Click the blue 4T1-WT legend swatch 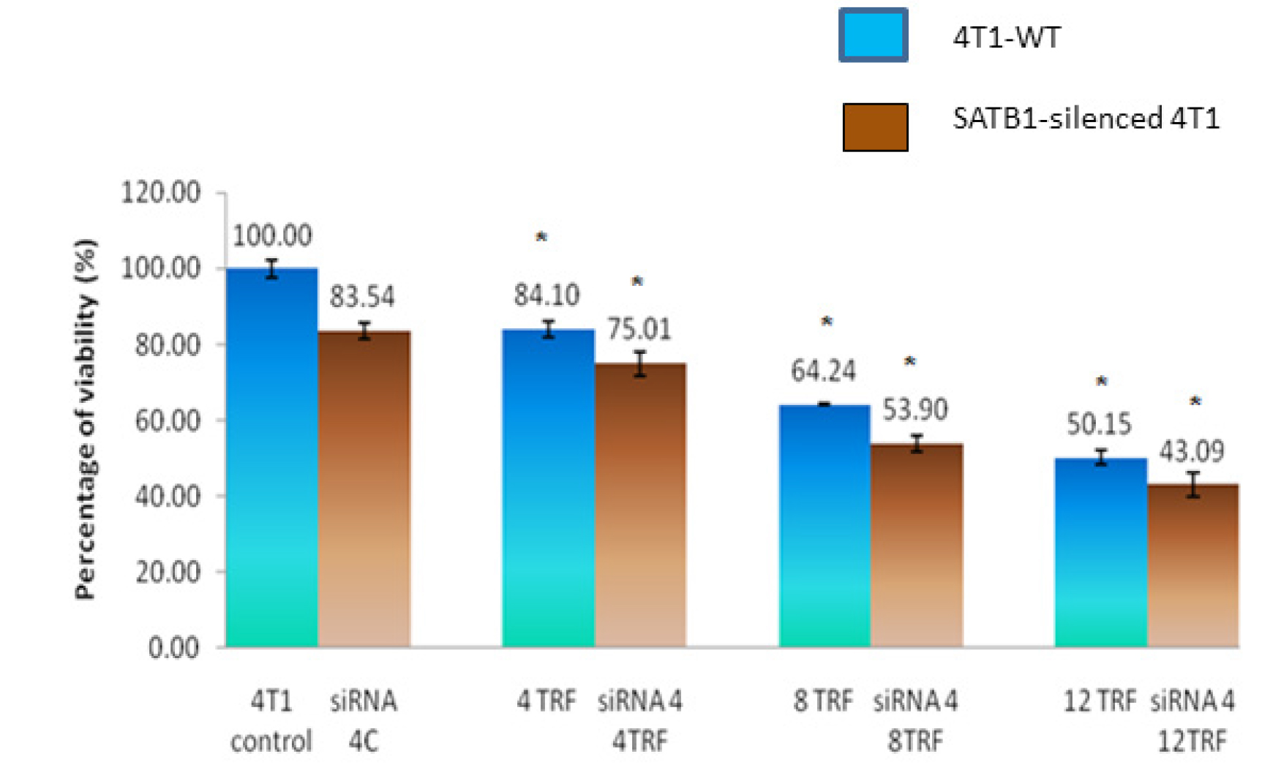point(873,35)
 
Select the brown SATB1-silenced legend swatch point(875,127)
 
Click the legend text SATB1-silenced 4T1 point(1086,118)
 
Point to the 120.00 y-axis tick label point(160,193)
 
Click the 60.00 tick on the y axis point(168,420)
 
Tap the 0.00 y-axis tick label point(173,648)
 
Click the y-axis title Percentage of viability point(86,419)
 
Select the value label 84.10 point(547,295)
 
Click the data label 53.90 point(914,409)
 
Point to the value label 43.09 point(1191,451)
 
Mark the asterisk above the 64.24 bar point(827,322)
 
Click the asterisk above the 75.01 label point(637,282)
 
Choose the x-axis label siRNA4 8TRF point(915,721)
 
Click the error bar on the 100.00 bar point(271,268)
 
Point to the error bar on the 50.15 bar point(1101,458)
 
